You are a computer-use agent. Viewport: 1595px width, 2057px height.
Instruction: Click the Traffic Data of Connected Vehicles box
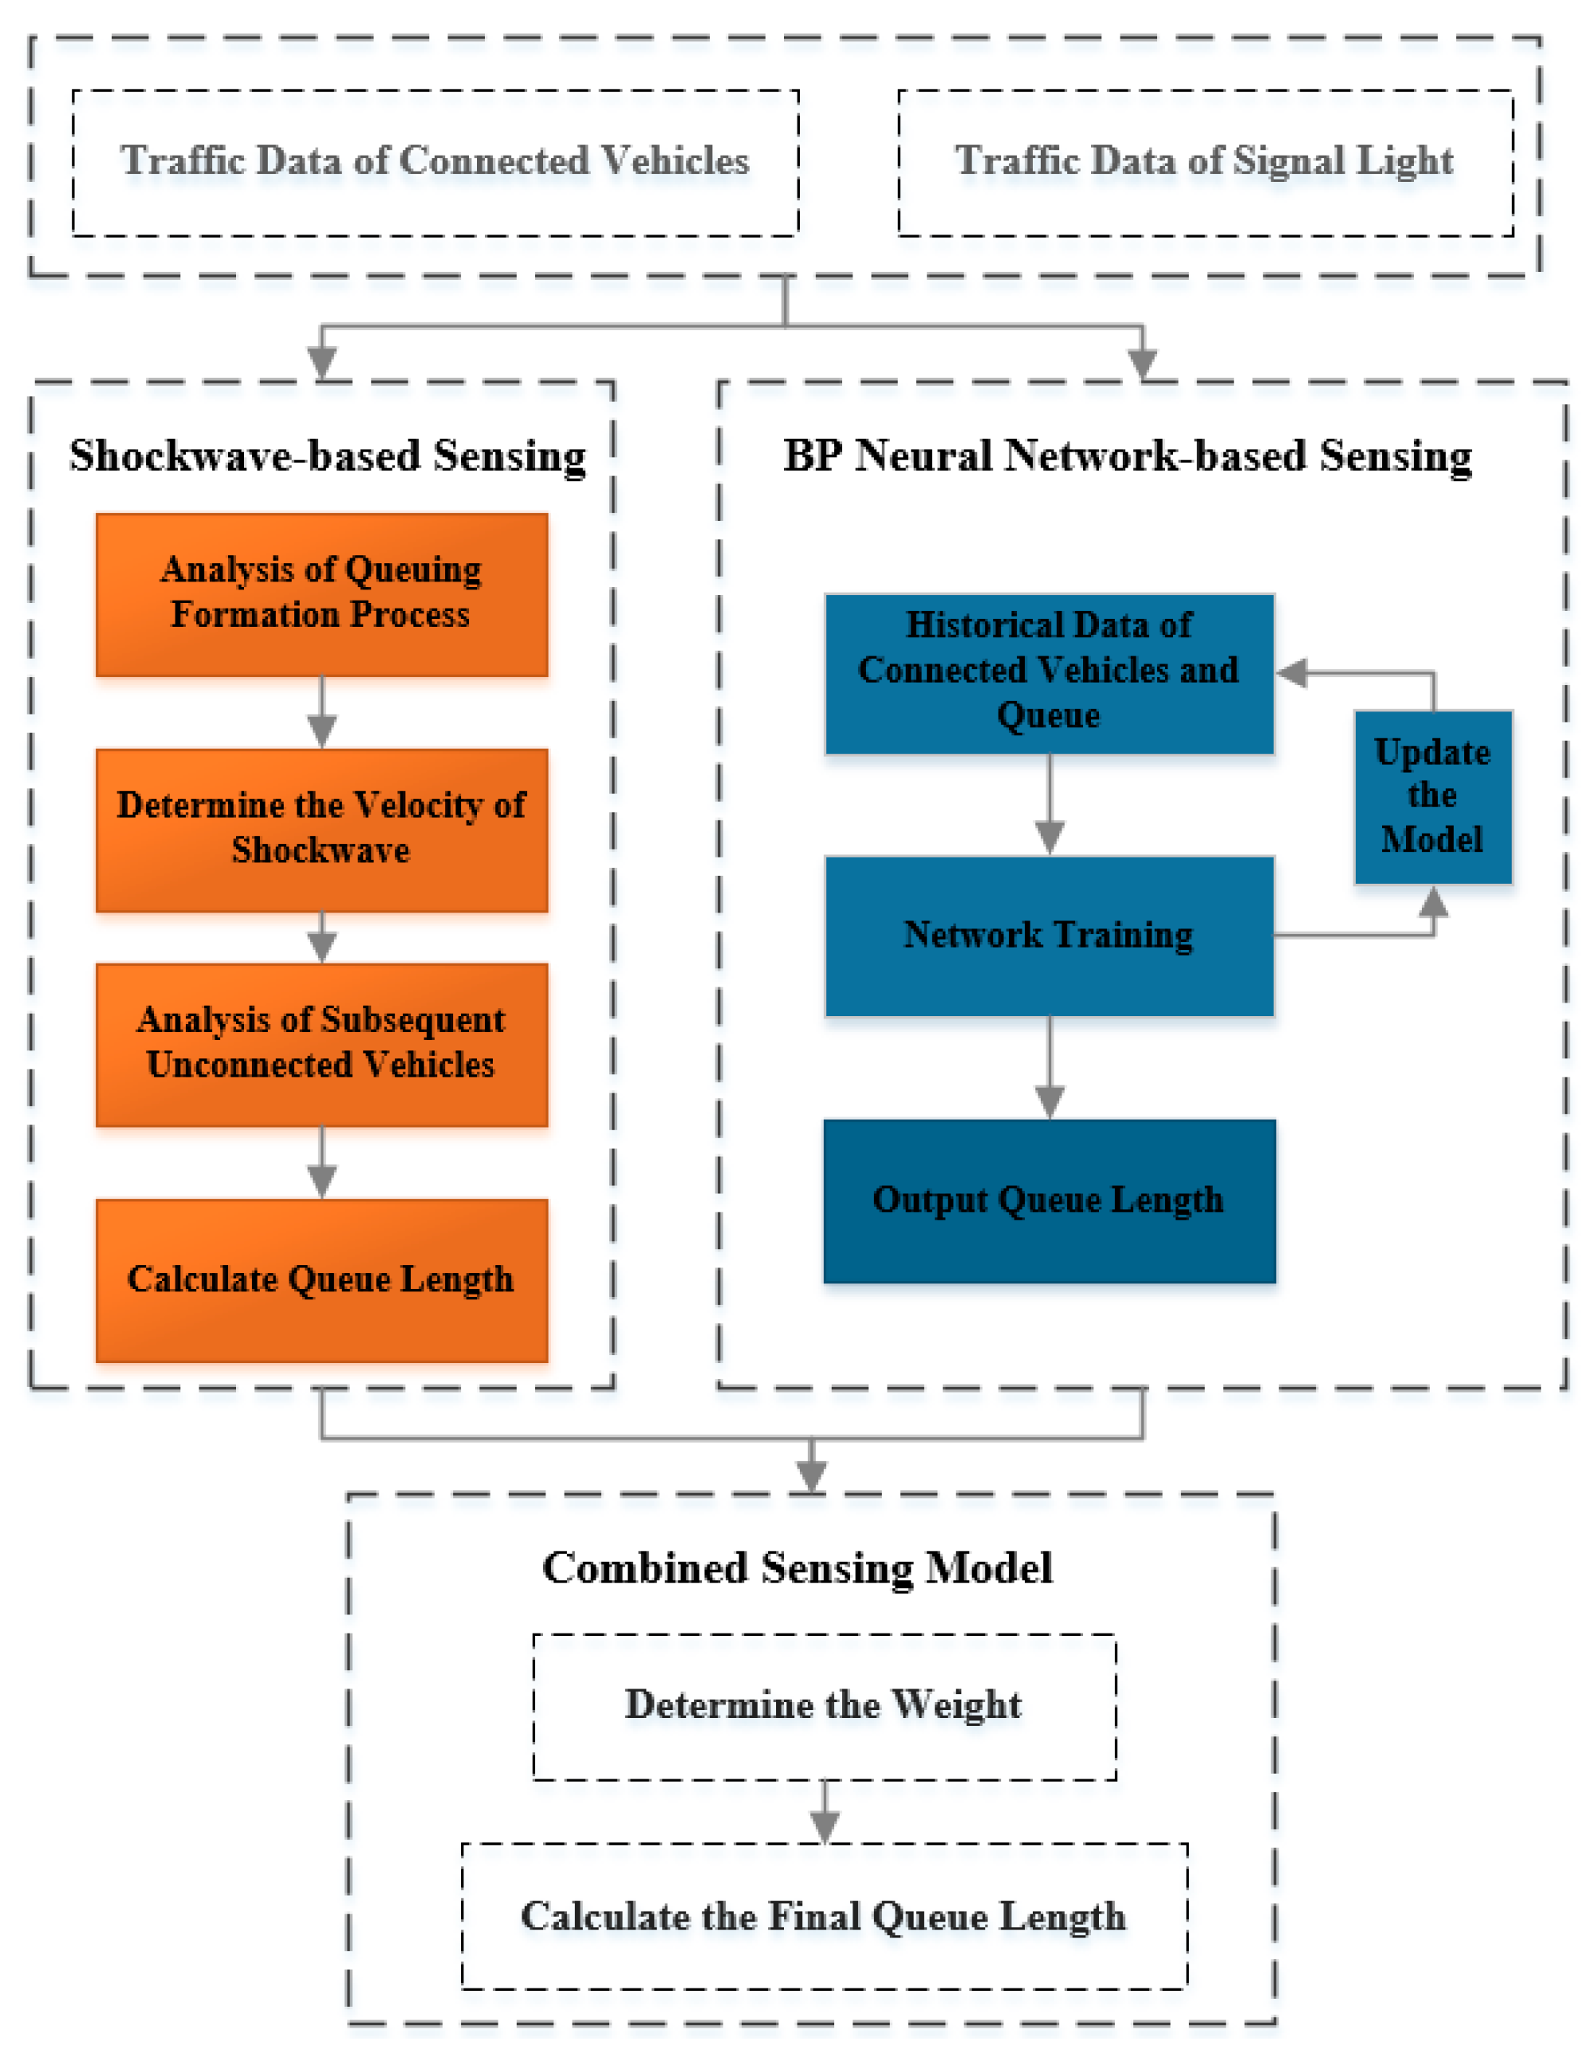tap(435, 162)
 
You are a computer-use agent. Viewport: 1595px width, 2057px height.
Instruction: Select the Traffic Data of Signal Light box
tap(1204, 162)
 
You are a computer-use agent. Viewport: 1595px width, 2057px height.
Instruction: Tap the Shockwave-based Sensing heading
tap(328, 456)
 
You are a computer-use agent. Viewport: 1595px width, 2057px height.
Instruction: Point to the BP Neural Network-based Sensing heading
tap(1127, 456)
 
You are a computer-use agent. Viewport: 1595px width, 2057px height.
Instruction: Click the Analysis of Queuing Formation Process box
tap(321, 594)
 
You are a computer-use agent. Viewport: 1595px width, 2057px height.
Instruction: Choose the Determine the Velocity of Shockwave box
tap(321, 829)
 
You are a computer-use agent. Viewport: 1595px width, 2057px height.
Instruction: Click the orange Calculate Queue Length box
tap(321, 1279)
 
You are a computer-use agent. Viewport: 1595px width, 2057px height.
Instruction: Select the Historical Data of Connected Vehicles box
tap(1049, 672)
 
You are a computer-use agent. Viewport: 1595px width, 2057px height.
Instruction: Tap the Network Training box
tap(1049, 936)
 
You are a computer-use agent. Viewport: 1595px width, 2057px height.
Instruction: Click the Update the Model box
tap(1432, 796)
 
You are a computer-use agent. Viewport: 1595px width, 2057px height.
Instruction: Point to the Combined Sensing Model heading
tap(797, 1569)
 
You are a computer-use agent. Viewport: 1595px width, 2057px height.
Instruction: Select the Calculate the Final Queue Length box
tap(824, 1916)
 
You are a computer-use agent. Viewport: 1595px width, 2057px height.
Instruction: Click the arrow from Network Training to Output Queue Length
tap(1050, 1069)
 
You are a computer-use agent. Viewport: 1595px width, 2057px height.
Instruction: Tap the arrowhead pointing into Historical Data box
tap(1293, 672)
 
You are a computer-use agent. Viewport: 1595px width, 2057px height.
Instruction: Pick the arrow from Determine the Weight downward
tap(825, 1813)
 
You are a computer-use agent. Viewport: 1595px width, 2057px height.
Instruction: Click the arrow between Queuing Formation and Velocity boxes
tap(322, 714)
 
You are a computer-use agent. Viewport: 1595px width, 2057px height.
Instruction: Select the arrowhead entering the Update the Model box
tap(1433, 902)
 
